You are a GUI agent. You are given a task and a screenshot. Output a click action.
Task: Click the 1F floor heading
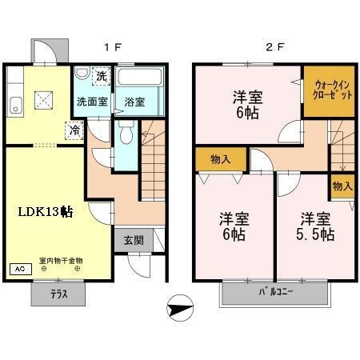point(111,46)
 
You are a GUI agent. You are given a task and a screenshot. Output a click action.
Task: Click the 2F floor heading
point(274,46)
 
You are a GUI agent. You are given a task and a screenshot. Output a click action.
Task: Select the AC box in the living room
point(17,270)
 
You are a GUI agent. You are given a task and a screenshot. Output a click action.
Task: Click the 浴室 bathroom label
point(134,102)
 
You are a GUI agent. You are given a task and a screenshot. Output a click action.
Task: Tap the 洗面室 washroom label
point(90,102)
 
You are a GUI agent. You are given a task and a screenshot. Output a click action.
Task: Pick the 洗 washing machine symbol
point(101,77)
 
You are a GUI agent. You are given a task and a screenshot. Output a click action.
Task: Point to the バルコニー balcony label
point(275,293)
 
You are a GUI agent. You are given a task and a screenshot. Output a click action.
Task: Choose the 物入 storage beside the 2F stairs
point(342,186)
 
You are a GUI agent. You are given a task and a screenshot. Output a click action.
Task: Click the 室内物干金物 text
point(61,261)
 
